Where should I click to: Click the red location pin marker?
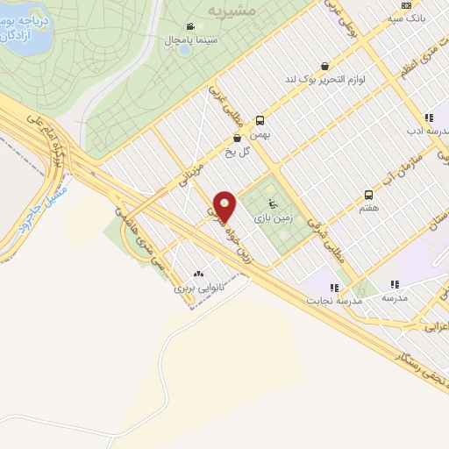tap(225, 207)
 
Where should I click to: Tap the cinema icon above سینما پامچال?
tap(190, 27)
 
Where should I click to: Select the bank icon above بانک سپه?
tap(405, 5)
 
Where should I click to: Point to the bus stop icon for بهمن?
tap(260, 121)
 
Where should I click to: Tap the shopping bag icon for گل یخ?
tap(237, 138)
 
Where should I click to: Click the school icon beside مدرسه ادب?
tap(428, 118)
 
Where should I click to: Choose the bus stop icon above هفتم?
tap(368, 197)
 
